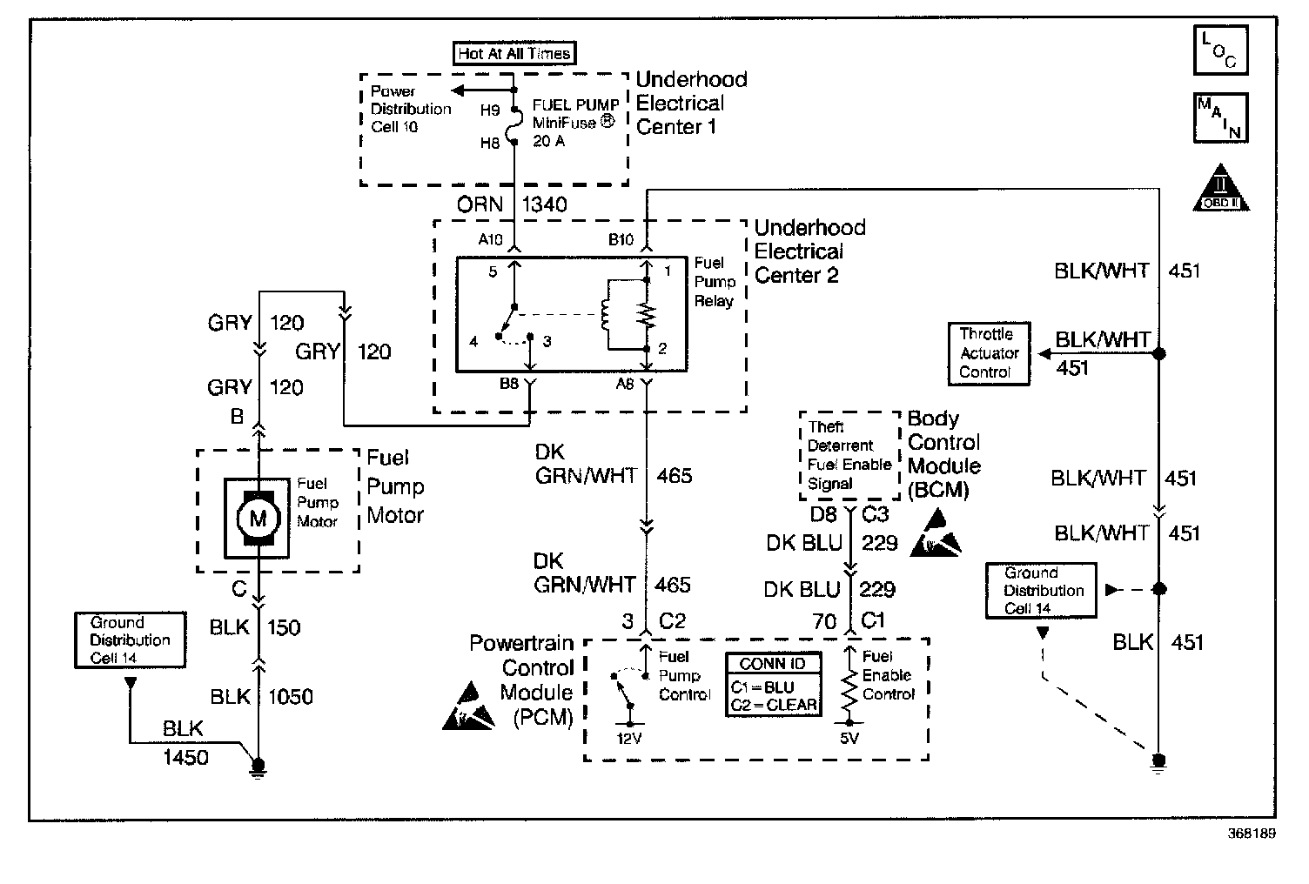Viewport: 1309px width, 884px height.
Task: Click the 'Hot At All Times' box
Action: pos(514,53)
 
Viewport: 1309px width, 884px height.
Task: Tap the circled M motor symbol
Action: pos(258,519)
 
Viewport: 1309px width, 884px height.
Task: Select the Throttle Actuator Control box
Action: pos(988,353)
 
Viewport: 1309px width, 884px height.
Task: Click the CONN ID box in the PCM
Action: pos(773,686)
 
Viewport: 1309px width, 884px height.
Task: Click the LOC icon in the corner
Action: pos(1219,50)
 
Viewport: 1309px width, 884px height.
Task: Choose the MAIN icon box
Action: pos(1219,118)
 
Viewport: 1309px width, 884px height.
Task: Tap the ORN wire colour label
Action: pos(480,204)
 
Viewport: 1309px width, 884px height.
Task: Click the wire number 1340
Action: pos(544,204)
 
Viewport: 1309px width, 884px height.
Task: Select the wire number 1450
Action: pos(185,758)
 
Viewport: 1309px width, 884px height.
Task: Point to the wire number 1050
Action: pos(290,697)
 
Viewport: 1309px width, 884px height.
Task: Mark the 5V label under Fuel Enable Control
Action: pos(849,739)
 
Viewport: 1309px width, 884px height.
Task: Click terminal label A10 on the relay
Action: pos(490,240)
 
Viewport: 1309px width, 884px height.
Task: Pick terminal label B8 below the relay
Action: pos(510,383)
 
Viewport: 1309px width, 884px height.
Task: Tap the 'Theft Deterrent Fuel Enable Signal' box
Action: pos(849,456)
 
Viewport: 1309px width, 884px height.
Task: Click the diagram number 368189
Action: pos(1251,833)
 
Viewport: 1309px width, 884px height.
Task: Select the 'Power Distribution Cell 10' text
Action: pos(410,109)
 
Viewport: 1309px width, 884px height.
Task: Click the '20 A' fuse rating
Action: pos(548,141)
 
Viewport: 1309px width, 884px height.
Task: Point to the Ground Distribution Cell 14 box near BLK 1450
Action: pos(130,640)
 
